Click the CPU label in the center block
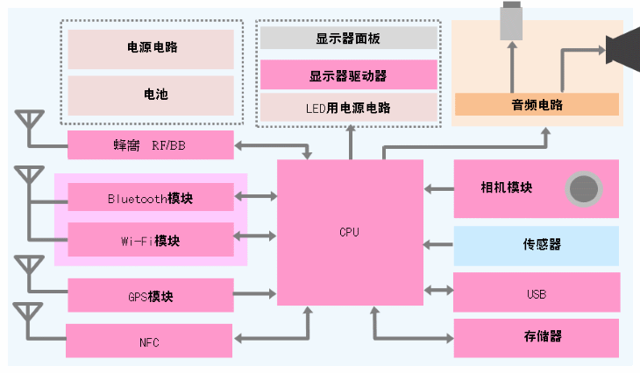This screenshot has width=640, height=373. [350, 232]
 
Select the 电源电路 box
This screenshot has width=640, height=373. [151, 49]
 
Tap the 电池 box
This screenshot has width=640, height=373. [151, 95]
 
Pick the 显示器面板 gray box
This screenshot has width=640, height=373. [349, 38]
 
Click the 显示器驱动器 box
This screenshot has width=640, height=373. [349, 74]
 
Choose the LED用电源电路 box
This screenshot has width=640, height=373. [349, 107]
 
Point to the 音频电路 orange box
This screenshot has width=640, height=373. [537, 104]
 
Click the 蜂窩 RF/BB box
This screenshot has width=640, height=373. [151, 144]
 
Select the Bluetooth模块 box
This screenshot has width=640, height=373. [151, 197]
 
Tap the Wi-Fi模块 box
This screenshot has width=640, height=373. [151, 239]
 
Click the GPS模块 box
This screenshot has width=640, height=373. [151, 295]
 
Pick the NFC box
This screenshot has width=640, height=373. [149, 341]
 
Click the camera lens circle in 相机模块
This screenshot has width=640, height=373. [584, 189]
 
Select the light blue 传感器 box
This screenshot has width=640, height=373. [537, 246]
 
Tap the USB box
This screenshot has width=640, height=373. [537, 292]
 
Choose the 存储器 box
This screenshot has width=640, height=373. [537, 338]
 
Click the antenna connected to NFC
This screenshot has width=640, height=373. [28, 322]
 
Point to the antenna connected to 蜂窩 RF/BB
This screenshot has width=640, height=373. [29, 130]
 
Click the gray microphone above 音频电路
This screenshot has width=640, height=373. [511, 20]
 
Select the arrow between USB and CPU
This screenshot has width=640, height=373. [438, 291]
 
